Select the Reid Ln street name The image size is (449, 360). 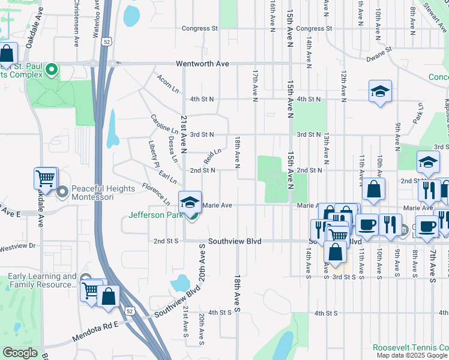click(x=212, y=158)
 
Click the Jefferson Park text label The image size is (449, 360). click(x=155, y=215)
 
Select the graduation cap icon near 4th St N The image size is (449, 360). click(x=380, y=91)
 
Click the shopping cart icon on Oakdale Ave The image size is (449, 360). click(x=46, y=178)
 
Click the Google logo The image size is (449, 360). click(x=20, y=352)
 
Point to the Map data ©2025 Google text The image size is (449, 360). click(x=412, y=355)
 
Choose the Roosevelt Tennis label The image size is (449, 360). click(x=410, y=347)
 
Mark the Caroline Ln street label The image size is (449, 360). click(x=164, y=124)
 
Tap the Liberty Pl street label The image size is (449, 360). click(x=154, y=154)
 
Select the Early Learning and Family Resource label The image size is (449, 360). click(x=42, y=281)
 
